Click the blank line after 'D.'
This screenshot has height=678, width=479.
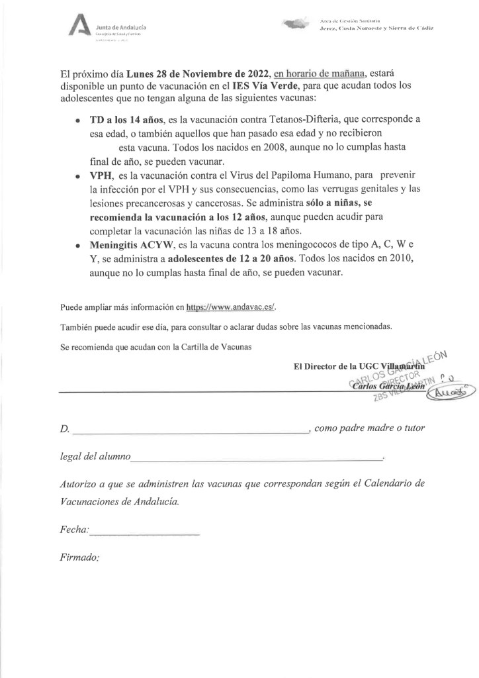pos(191,431)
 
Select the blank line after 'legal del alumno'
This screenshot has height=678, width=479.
pos(257,458)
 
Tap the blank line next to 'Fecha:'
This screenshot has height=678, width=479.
pos(144,532)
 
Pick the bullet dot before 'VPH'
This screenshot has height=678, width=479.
pos(78,176)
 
